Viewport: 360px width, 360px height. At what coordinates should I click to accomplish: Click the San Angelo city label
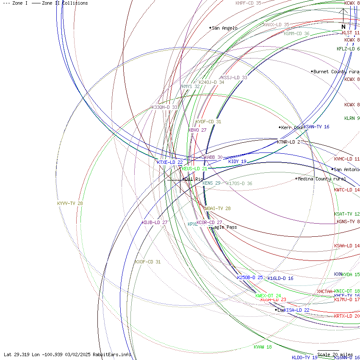224,28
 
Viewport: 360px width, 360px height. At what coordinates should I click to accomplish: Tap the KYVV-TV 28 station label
70,203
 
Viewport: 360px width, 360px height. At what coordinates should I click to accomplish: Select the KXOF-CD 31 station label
148,262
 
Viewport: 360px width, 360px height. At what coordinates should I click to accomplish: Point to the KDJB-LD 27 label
155,222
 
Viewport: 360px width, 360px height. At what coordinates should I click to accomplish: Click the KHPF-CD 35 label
248,3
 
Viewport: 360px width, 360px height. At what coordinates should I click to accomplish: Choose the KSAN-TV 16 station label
316,127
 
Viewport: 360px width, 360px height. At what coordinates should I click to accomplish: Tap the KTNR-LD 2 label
288,142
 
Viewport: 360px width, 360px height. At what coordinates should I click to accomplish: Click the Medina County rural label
321,179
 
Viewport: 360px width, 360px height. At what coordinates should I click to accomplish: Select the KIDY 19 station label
237,161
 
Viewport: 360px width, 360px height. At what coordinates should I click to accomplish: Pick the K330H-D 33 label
164,107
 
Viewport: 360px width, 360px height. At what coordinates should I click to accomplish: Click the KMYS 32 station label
191,86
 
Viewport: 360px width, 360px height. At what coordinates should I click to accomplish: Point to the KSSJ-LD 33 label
234,78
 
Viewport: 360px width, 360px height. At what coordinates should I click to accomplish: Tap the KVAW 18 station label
263,347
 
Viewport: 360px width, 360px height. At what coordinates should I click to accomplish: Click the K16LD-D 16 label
280,278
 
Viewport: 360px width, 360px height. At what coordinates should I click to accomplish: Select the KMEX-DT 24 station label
268,296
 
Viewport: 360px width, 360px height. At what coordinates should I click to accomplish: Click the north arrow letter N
343,27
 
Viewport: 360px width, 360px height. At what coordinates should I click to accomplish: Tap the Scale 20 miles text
335,354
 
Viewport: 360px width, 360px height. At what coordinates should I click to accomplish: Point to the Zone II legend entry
60,3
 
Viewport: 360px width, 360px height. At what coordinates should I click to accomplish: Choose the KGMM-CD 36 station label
296,33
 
